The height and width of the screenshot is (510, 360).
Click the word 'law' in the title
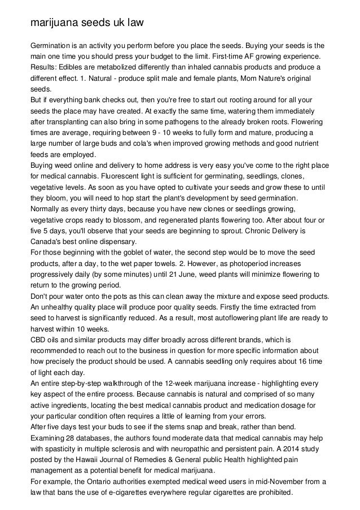(x=133, y=23)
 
